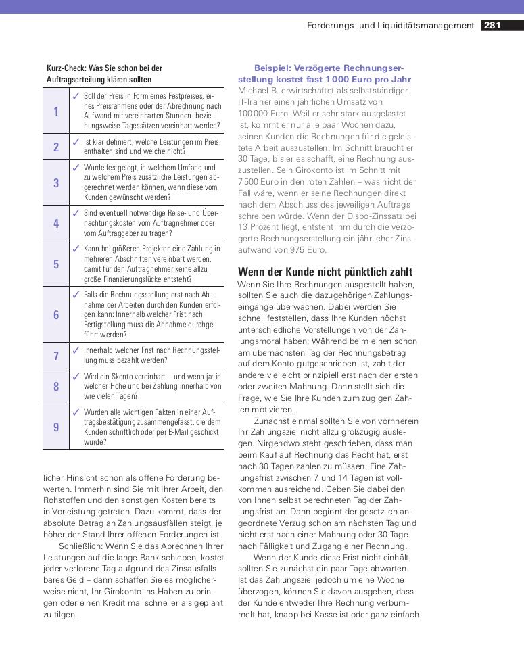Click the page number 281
tap(492, 26)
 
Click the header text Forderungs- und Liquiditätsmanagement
tap(390, 26)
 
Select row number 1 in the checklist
tap(56, 111)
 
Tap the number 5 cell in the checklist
tap(56, 264)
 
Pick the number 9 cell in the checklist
tap(56, 427)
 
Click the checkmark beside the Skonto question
tap(76, 375)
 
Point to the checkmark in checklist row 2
tap(76, 141)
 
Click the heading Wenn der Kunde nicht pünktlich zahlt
tap(325, 272)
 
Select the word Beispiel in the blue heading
tap(274, 68)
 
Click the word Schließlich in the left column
tap(81, 546)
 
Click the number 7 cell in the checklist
tap(56, 356)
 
